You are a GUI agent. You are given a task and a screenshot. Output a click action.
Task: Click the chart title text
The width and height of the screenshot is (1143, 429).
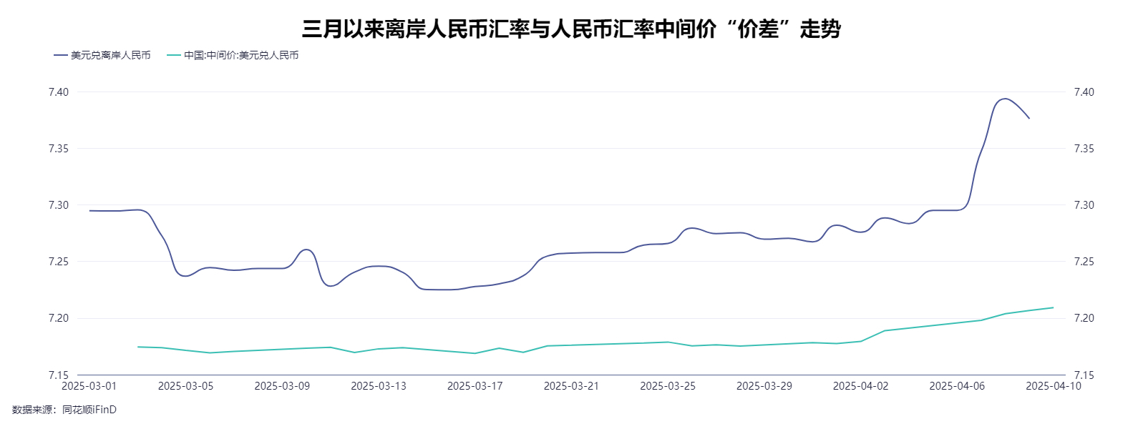click(571, 29)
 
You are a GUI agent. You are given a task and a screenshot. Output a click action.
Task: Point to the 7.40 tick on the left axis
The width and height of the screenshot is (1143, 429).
click(59, 92)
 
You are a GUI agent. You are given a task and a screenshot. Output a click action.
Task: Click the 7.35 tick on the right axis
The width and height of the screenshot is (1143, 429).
click(1084, 149)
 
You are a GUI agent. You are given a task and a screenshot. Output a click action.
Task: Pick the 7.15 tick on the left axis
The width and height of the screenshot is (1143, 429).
click(59, 375)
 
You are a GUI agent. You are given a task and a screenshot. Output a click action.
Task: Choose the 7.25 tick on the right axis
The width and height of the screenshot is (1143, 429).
click(1084, 262)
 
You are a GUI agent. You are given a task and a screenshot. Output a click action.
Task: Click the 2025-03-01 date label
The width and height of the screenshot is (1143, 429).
click(89, 386)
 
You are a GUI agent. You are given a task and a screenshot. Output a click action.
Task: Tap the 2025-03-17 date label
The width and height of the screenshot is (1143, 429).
click(475, 386)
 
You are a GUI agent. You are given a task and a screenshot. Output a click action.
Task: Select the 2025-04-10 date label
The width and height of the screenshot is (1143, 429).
click(1053, 386)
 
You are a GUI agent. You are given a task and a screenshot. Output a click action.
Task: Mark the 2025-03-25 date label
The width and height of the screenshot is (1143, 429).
click(668, 386)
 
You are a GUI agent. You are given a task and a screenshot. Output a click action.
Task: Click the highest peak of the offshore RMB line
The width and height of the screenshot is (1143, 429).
click(1005, 99)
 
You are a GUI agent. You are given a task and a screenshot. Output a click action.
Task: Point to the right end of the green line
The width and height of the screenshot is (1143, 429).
click(1053, 307)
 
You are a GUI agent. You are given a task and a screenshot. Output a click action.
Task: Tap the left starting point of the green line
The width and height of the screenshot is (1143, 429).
click(137, 347)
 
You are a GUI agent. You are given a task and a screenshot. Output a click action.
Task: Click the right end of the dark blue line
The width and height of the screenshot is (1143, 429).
click(1029, 118)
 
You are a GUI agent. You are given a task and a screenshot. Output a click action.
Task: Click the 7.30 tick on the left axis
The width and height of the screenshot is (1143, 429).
click(59, 205)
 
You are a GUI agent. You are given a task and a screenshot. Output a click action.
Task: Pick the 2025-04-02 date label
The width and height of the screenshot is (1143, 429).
click(860, 386)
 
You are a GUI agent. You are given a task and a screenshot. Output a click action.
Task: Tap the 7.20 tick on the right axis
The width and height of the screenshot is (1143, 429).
click(1084, 318)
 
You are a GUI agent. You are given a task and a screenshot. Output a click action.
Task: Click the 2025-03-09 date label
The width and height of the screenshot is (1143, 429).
click(282, 386)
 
